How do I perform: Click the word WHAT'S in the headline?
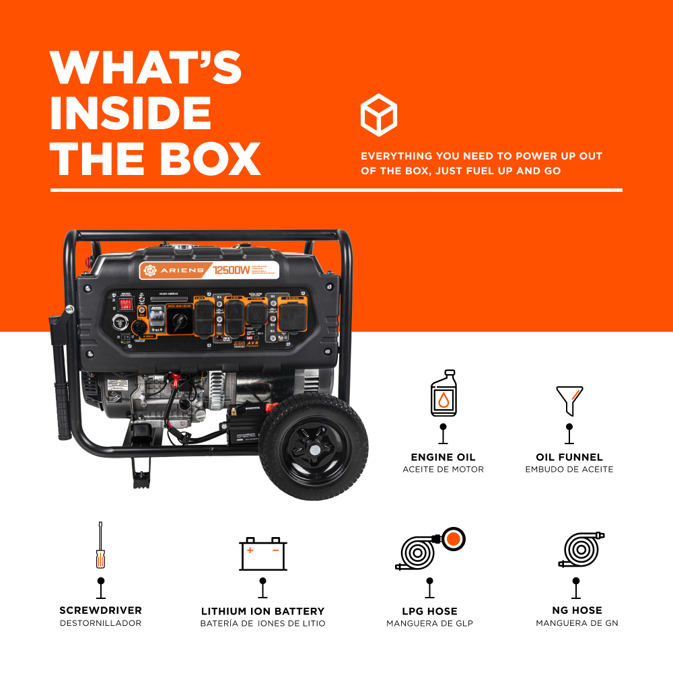[x=145, y=68]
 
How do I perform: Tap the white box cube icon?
[x=379, y=115]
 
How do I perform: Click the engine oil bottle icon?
[x=443, y=393]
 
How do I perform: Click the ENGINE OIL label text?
[x=443, y=458]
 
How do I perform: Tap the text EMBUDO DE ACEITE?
[x=569, y=469]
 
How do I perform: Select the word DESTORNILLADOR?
[x=100, y=623]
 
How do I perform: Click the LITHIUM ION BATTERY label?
[x=263, y=612]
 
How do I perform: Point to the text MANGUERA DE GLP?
[x=429, y=623]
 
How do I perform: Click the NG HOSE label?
[x=577, y=611]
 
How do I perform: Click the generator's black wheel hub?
[x=312, y=447]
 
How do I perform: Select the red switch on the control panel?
[x=125, y=304]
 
